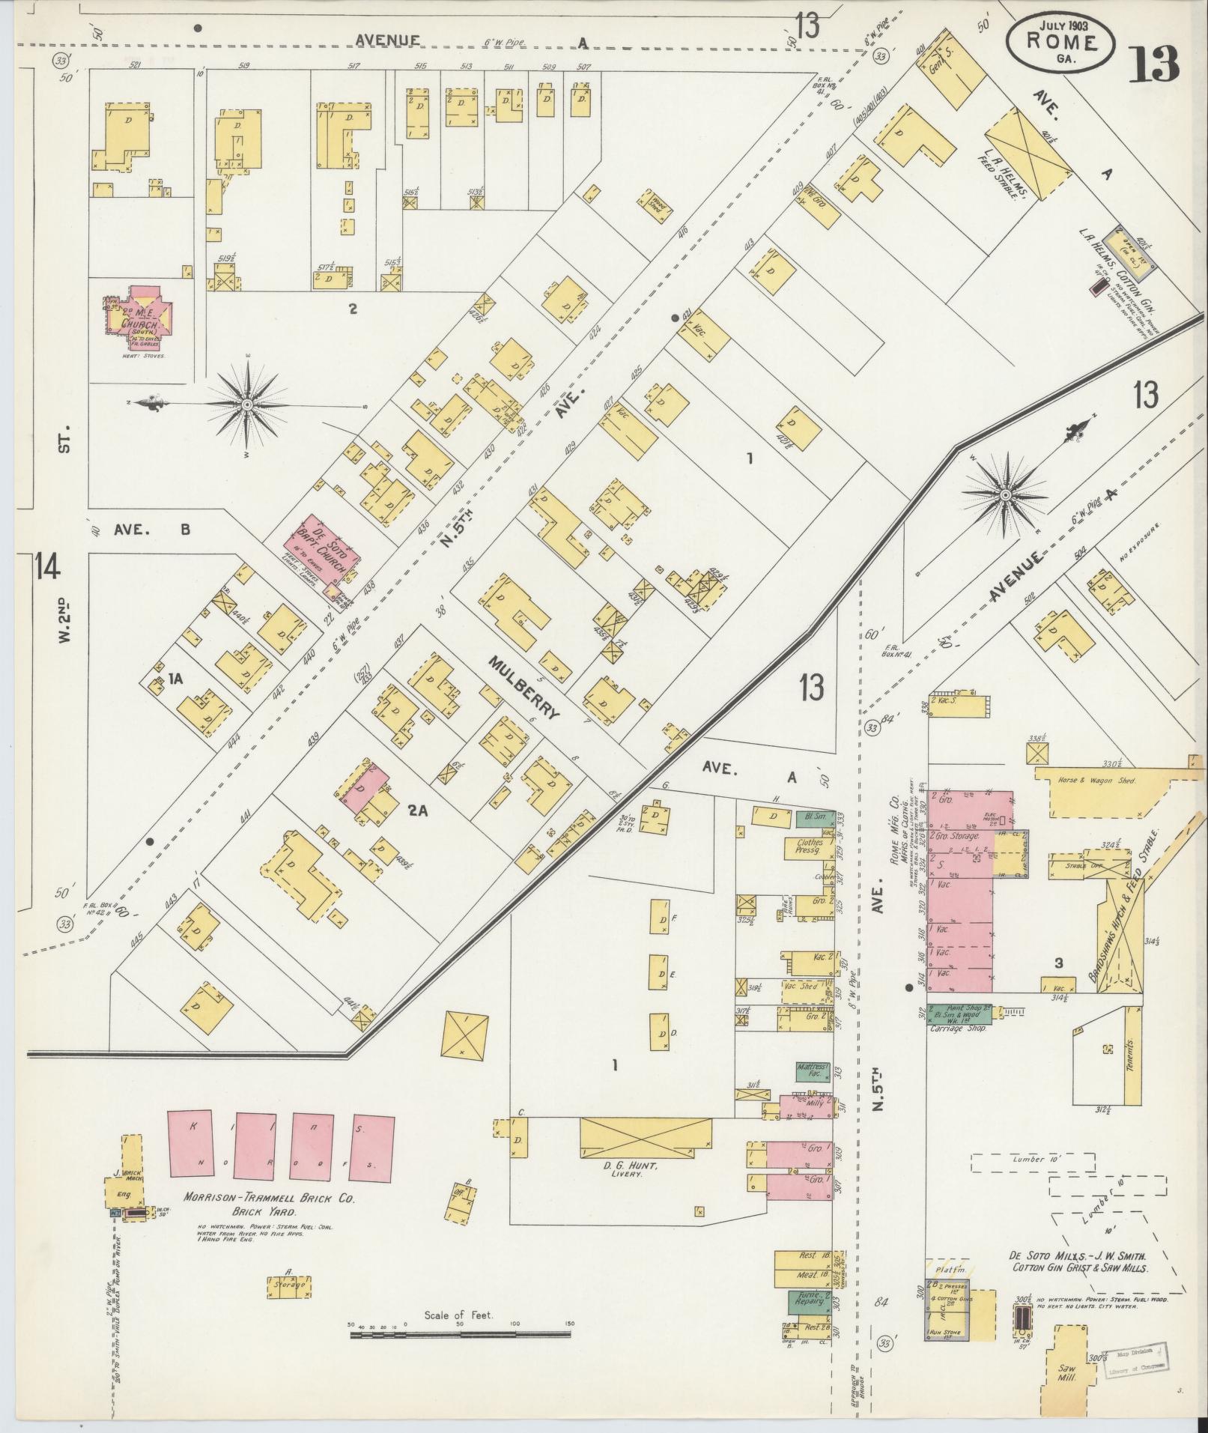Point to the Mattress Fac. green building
click(813, 1071)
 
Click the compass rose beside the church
click(247, 405)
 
